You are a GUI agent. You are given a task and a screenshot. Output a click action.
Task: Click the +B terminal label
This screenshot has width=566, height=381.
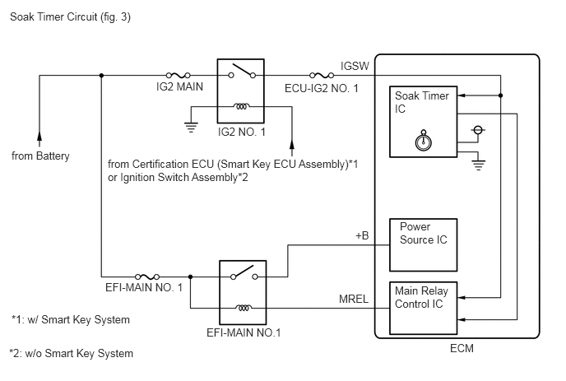(361, 235)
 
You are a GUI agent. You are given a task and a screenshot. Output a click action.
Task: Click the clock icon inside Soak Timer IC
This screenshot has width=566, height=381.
(422, 141)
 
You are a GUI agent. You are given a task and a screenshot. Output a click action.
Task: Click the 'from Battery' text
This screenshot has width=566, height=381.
(40, 156)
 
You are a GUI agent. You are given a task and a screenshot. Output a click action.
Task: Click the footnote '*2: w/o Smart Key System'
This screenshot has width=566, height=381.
(72, 354)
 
